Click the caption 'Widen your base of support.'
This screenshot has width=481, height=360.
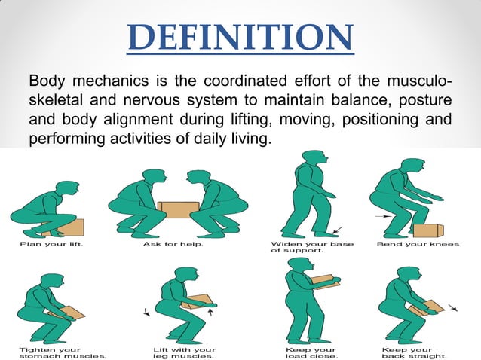coord(300,247)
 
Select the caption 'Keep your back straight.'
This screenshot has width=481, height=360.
coord(415,351)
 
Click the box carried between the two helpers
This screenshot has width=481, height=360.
coord(178,208)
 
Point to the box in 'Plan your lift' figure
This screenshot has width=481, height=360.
coord(73,226)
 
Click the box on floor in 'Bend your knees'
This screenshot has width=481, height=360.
coord(427,230)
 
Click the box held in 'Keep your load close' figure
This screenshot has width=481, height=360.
coord(323,282)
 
